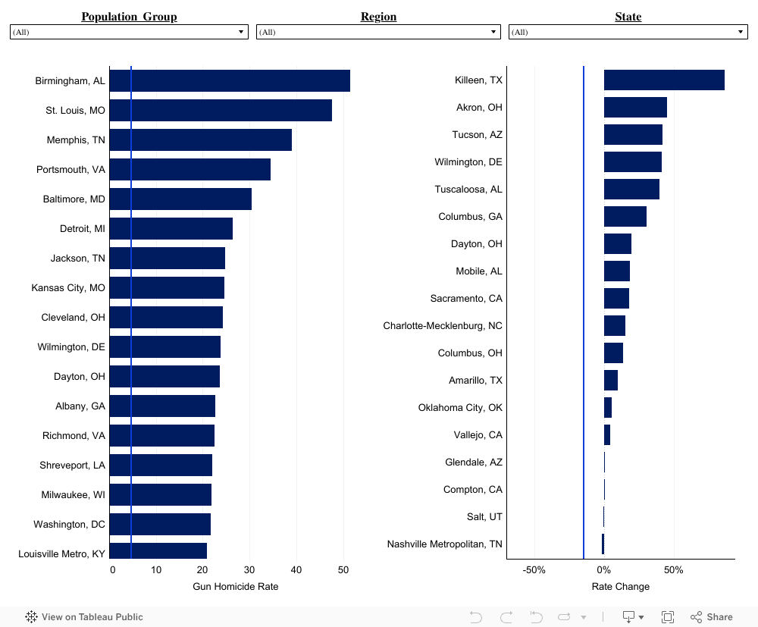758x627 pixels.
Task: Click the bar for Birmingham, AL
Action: (x=230, y=81)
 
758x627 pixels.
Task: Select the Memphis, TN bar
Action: (x=201, y=140)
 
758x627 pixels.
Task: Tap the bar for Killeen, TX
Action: (x=664, y=80)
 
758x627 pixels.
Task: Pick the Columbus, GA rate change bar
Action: (x=625, y=216)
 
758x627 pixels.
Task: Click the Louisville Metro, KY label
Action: (x=61, y=553)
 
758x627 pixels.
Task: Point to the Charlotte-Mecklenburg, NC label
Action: (x=443, y=325)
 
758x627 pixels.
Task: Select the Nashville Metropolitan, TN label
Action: (x=444, y=544)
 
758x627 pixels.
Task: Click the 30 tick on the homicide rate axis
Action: (x=249, y=570)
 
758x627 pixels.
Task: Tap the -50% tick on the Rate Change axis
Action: (x=534, y=570)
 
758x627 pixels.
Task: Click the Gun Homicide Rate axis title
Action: (x=235, y=586)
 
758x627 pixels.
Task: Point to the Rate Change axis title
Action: (x=620, y=586)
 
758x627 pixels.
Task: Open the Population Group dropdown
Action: (x=129, y=32)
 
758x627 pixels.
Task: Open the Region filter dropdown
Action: (x=378, y=32)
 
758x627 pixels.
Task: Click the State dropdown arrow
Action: (x=741, y=32)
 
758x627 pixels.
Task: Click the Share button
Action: (x=712, y=617)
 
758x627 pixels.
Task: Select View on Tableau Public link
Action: (x=84, y=617)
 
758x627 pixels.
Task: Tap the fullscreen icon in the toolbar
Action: (x=668, y=617)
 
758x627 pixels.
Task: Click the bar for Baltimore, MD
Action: (x=180, y=199)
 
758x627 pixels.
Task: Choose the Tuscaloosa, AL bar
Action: (x=631, y=189)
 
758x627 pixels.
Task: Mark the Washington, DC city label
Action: (x=69, y=524)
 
